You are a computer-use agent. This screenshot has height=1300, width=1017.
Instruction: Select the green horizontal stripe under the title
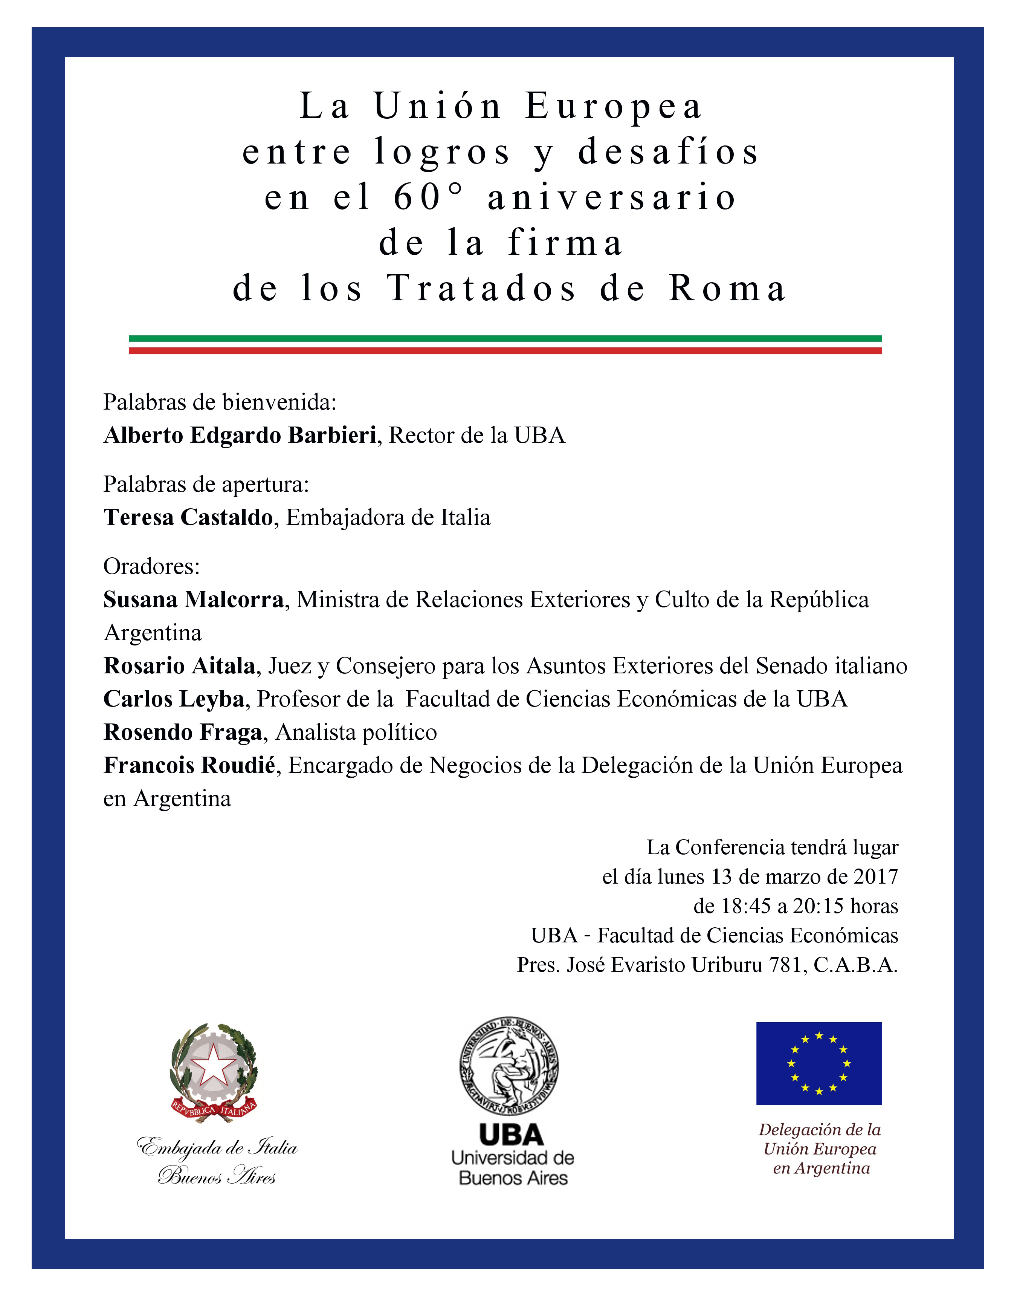[x=505, y=338]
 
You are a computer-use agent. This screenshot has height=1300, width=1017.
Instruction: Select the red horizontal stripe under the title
[x=505, y=351]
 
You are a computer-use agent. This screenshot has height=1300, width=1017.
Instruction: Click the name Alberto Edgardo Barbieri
[x=239, y=435]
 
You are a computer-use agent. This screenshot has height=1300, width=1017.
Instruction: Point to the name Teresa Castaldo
[x=188, y=517]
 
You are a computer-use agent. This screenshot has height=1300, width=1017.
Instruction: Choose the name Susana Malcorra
[x=194, y=600]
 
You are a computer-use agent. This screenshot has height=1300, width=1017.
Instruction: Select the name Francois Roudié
[x=189, y=765]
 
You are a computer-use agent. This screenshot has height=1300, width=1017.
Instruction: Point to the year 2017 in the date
[x=875, y=876]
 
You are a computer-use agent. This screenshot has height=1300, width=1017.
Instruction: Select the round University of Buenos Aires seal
[x=509, y=1065]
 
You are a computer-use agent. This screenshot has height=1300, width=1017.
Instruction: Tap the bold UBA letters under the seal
[x=512, y=1136]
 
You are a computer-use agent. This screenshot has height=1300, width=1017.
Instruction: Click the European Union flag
[x=819, y=1064]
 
